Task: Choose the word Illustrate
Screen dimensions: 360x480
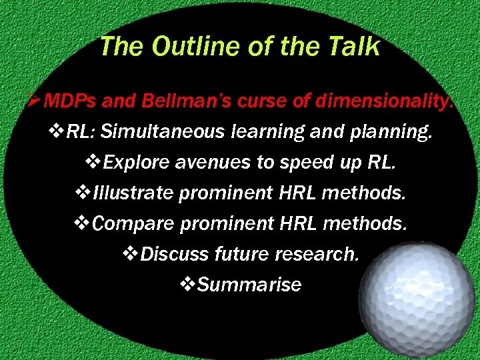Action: click(133, 193)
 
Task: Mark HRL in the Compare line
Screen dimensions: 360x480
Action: click(293, 224)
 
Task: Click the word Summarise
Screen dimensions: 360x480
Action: click(249, 285)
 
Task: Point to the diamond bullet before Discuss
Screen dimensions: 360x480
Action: click(131, 254)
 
